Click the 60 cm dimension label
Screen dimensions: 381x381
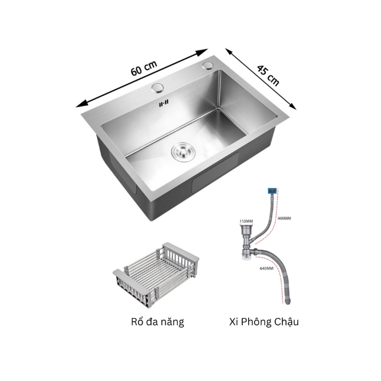coord(144,68)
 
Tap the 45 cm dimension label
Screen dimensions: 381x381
coord(268,75)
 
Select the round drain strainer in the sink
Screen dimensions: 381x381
coord(183,151)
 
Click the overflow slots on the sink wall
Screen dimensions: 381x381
coord(163,103)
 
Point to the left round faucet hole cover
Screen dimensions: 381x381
coord(158,88)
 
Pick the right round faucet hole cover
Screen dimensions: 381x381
coord(208,65)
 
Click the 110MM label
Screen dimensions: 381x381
coord(246,221)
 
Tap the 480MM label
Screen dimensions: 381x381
coord(284,218)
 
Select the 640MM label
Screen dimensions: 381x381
coord(267,268)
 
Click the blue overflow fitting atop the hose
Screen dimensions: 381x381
coord(272,190)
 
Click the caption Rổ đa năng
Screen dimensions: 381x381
coord(157,322)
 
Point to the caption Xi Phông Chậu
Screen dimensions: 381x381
coord(264,322)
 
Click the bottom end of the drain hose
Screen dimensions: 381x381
coord(288,302)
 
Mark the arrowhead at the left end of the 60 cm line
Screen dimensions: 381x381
coord(81,104)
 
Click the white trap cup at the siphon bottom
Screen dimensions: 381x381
coord(246,257)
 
